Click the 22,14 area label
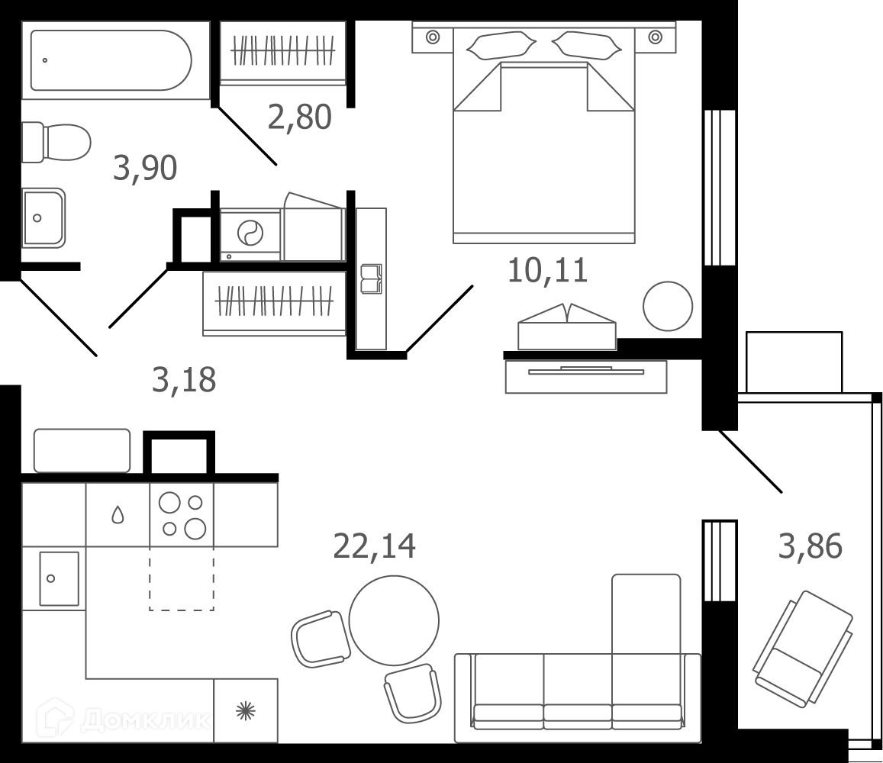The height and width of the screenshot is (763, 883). coord(375,546)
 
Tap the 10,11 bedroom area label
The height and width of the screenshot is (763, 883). coord(547,270)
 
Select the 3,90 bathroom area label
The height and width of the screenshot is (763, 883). coord(145,168)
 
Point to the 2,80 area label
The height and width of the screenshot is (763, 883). coord(300,118)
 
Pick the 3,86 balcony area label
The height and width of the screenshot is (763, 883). coord(810,546)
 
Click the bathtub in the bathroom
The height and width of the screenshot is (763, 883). coord(111,60)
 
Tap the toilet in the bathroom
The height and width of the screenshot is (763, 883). coord(56,143)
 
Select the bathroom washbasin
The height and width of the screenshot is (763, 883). coord(44,218)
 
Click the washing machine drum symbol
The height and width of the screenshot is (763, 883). coord(250,233)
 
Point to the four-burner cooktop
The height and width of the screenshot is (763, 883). coord(182,515)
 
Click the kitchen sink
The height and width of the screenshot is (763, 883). coord(59,578)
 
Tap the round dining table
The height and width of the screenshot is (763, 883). coord(394,620)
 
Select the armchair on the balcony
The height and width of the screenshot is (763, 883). coord(803,649)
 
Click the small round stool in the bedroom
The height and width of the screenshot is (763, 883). coord(668,306)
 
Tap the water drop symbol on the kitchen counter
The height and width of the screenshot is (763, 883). coord(118,515)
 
